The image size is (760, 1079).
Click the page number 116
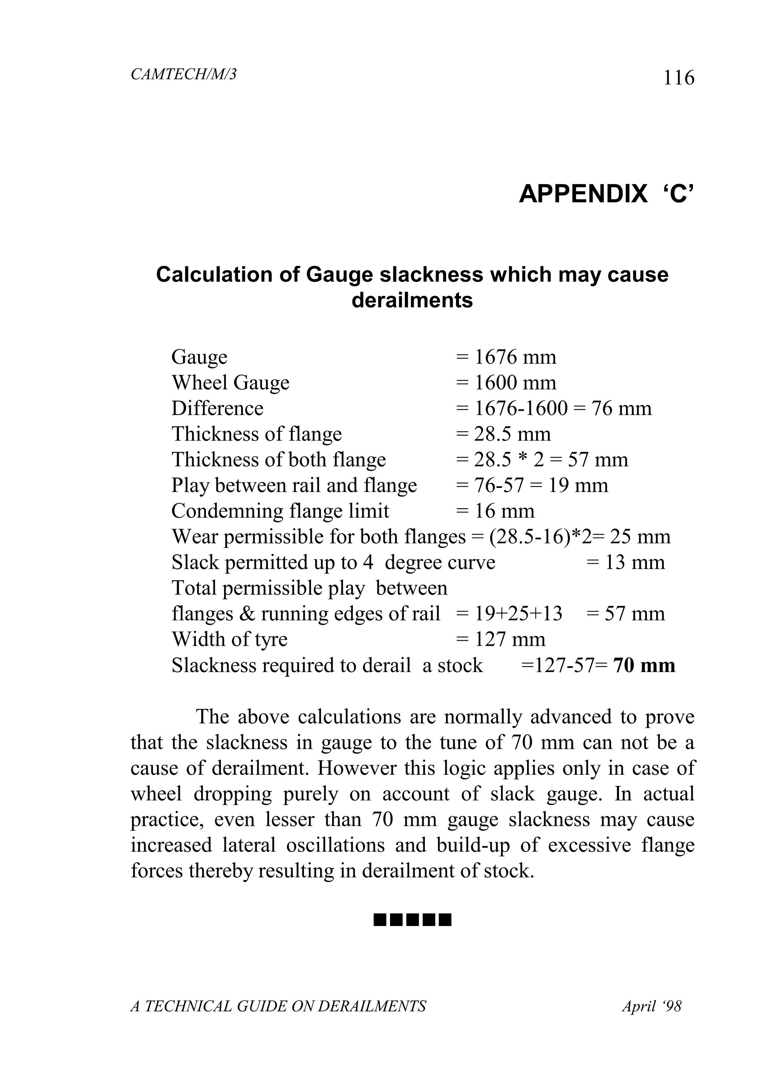pos(678,78)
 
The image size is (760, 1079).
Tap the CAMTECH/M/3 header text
pos(183,74)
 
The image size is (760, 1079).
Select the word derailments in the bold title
pos(412,300)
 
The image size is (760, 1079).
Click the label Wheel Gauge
pos(230,382)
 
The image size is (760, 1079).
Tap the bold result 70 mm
pos(644,665)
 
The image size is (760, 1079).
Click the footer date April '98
pos(651,1007)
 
